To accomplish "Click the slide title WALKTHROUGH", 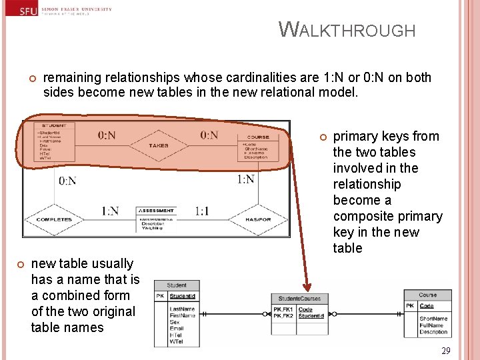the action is click(x=347, y=30).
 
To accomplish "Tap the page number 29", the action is click(x=446, y=351).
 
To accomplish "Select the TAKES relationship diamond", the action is click(x=158, y=145).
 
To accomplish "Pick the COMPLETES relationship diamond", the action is click(x=54, y=219).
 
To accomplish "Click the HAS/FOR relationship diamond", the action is click(x=257, y=219).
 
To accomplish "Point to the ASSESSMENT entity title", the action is click(x=156, y=211).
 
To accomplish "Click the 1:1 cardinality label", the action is click(x=202, y=211).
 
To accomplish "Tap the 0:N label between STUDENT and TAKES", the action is click(x=107, y=135).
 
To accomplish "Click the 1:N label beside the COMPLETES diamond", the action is click(x=110, y=211).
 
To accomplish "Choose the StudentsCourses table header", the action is click(x=299, y=299).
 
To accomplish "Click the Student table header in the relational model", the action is click(x=177, y=285).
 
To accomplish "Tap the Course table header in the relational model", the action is click(x=428, y=295).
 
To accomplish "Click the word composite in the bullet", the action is click(x=361, y=216).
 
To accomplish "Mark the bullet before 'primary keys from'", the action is click(x=322, y=137).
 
